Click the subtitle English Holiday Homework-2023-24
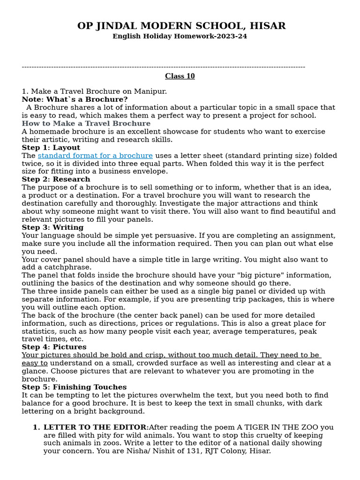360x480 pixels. tap(180, 37)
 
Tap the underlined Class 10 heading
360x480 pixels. tap(180, 76)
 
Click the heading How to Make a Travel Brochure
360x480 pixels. tap(86, 124)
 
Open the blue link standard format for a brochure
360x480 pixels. tap(95, 156)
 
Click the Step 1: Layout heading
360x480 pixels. tap(51, 148)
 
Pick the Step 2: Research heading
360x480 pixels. tap(56, 180)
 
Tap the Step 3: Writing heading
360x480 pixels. tap(52, 228)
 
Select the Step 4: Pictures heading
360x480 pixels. tap(54, 347)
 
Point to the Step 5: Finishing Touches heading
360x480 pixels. tap(74, 387)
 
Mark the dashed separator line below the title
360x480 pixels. tap(163, 67)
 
